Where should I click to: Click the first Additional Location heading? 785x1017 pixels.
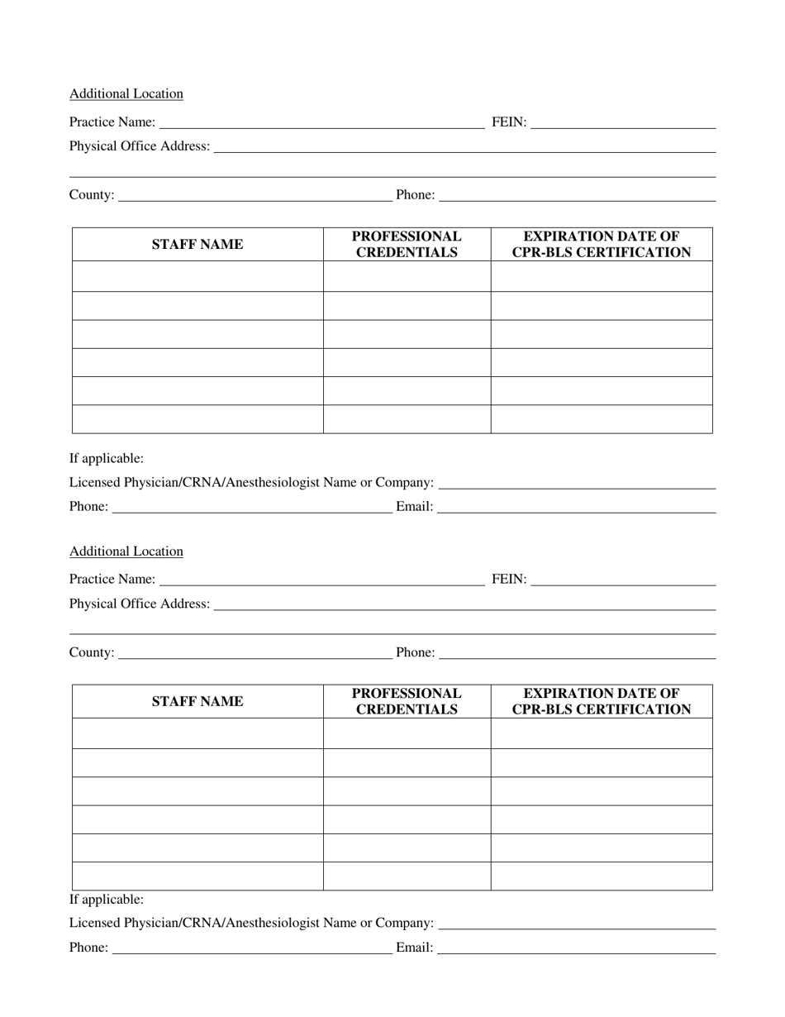(x=126, y=93)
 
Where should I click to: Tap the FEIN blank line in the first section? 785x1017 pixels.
(x=623, y=122)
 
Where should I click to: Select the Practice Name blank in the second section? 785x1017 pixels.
(x=321, y=579)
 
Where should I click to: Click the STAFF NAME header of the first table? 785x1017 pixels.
(x=197, y=245)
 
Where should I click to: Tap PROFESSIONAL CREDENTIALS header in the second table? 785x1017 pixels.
(x=407, y=701)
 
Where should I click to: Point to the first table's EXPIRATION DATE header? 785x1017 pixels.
(x=602, y=245)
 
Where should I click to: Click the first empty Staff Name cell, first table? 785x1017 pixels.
(x=197, y=276)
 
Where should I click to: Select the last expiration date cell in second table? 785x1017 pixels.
(x=602, y=876)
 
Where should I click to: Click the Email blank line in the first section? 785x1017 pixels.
(x=576, y=506)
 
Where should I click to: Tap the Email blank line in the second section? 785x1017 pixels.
(x=576, y=948)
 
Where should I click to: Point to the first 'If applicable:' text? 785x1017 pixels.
(x=107, y=458)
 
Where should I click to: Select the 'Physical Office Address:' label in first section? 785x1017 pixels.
(x=140, y=146)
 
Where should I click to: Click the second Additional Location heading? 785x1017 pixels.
(x=126, y=551)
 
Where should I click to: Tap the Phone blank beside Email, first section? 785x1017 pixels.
(x=251, y=506)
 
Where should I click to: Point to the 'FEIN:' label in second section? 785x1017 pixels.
(x=509, y=579)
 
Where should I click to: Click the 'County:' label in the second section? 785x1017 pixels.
(x=92, y=652)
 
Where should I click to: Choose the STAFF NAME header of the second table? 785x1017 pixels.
(x=197, y=702)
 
